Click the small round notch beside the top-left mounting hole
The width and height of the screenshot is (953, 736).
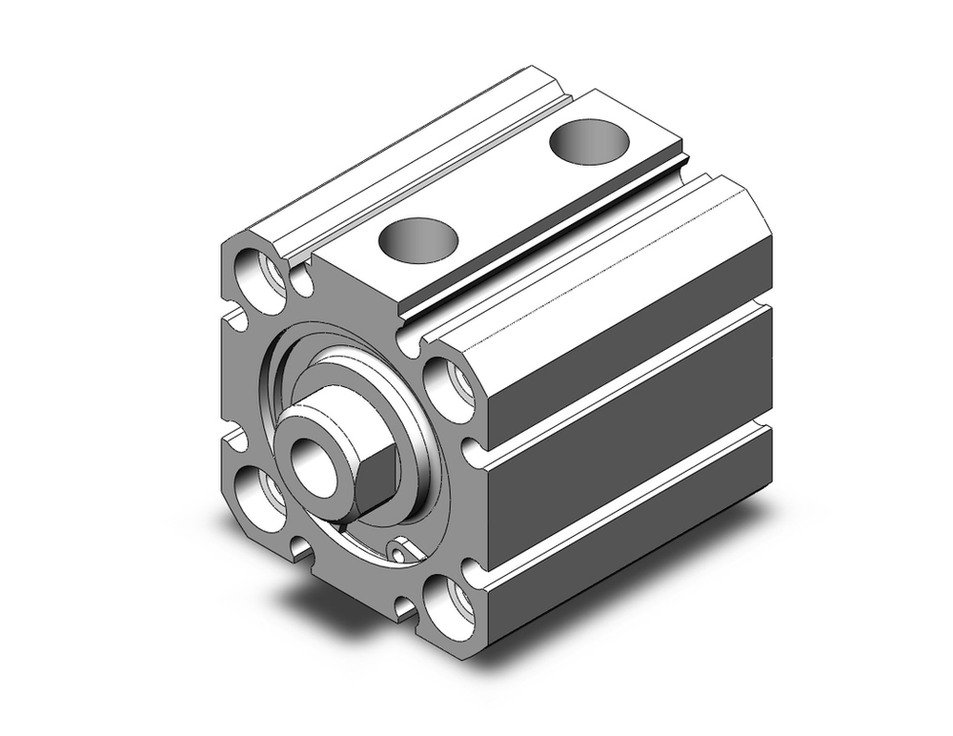[x=303, y=282]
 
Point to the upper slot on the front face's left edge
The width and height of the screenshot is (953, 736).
[x=229, y=314]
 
